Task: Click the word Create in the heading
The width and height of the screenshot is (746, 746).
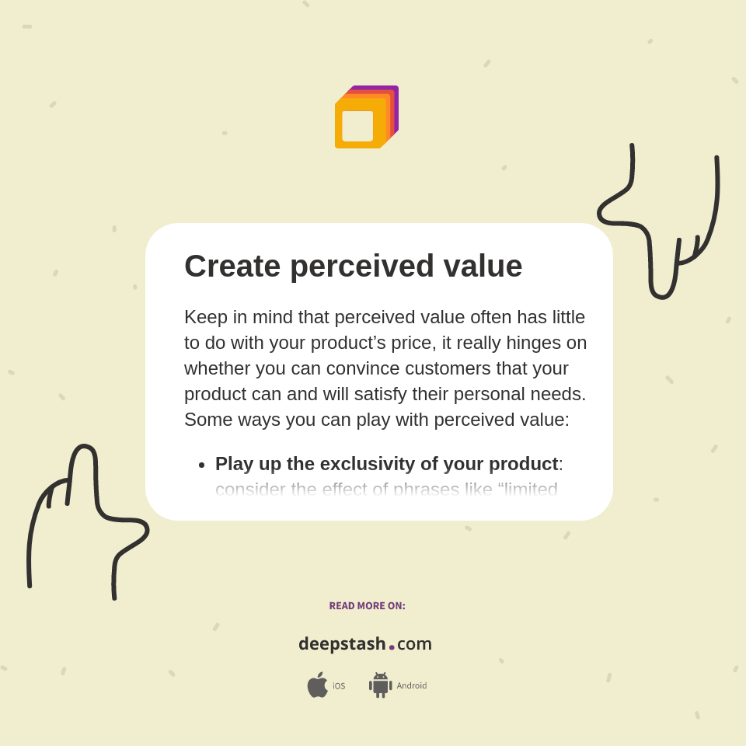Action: (232, 267)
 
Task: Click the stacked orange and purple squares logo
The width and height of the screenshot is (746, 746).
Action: (366, 117)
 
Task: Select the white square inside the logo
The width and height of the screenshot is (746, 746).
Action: (357, 126)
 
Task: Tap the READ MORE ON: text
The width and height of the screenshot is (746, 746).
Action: (367, 606)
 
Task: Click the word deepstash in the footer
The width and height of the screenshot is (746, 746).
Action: (342, 644)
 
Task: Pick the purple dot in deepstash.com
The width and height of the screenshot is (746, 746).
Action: (392, 647)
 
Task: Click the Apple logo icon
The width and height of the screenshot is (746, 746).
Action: (317, 685)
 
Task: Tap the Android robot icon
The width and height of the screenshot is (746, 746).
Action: (380, 685)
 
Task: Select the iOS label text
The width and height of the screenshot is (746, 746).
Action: (339, 686)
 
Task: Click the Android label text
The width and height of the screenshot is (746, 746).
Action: (411, 686)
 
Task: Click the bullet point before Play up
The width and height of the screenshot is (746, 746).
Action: (202, 465)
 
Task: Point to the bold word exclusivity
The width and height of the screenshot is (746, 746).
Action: (368, 464)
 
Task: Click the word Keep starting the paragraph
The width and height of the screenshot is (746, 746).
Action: (204, 317)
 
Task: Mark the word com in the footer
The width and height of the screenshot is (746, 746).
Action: (414, 644)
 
